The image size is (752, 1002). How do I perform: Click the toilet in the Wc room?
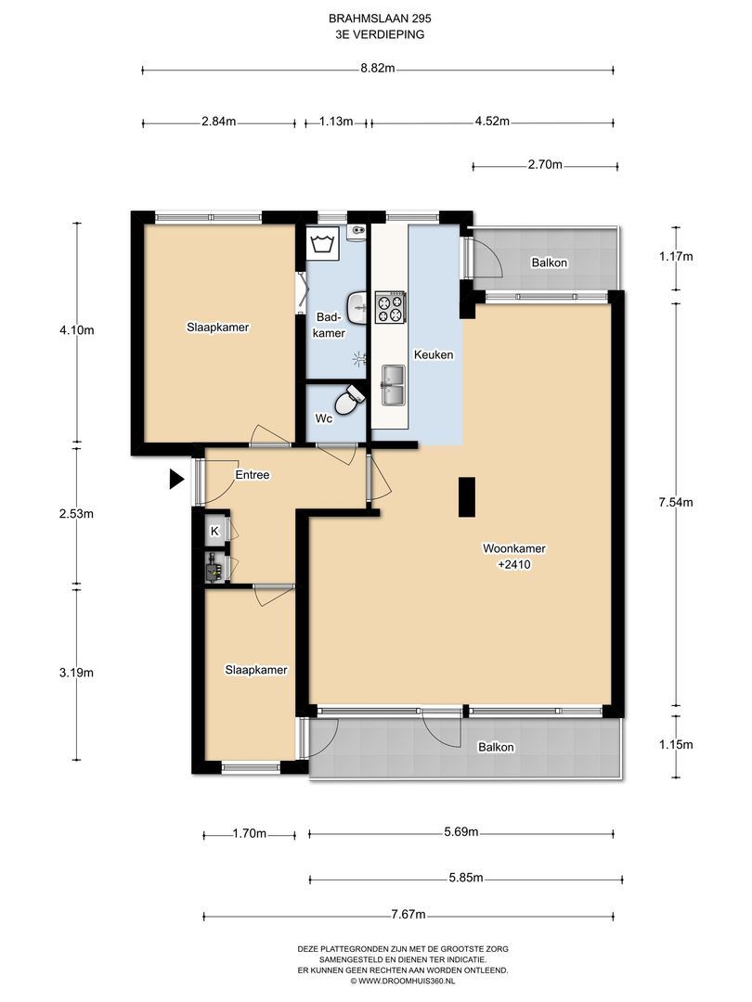click(350, 401)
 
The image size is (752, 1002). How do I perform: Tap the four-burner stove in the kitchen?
click(390, 307)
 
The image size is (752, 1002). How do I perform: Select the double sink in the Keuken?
click(393, 385)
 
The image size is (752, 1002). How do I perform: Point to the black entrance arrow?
click(176, 479)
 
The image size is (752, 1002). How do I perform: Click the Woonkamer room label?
click(514, 548)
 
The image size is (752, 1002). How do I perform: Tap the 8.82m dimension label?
click(377, 69)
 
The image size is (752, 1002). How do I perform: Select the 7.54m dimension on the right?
click(676, 502)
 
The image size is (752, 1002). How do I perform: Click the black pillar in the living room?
click(467, 497)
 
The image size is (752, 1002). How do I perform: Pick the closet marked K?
click(215, 531)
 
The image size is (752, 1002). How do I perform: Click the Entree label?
click(253, 475)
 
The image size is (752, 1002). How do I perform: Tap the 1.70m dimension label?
click(250, 833)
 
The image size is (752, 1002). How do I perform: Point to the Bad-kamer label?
click(331, 325)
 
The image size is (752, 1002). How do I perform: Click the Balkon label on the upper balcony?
click(550, 263)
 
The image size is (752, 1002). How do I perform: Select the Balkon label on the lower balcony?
click(496, 747)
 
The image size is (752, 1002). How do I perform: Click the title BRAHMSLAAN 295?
click(376, 19)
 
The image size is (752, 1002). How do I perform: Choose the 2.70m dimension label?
click(545, 165)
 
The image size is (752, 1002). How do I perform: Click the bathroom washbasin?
click(357, 308)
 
